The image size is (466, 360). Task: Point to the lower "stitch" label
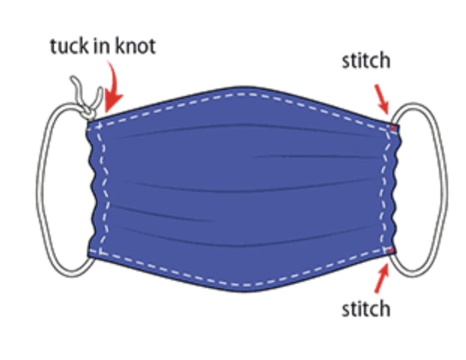pos(365,307)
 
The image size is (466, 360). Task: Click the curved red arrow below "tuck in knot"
pos(114,87)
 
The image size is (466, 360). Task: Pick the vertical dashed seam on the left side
pos(102,187)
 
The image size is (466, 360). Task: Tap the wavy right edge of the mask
pos(396,187)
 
